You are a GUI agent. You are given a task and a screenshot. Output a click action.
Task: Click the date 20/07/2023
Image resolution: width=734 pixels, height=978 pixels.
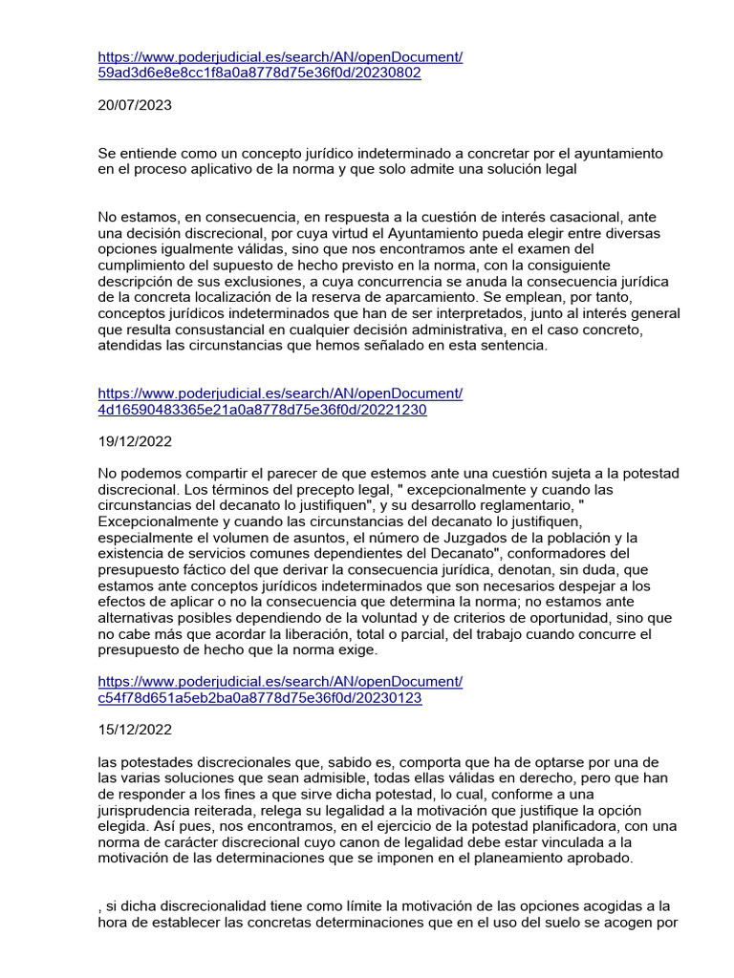[x=135, y=105]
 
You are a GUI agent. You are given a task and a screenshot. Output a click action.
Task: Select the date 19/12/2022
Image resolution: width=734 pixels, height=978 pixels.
[x=135, y=443]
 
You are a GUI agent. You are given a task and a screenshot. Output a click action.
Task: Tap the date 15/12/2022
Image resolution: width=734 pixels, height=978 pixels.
[x=135, y=732]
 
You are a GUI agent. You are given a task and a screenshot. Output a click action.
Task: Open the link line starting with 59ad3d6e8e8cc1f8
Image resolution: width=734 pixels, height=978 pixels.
[x=260, y=73]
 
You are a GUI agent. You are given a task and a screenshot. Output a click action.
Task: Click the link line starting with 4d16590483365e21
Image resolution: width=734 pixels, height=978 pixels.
[x=262, y=410]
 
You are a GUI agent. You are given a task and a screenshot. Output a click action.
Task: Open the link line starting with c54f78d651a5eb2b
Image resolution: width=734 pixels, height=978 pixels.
[x=260, y=698]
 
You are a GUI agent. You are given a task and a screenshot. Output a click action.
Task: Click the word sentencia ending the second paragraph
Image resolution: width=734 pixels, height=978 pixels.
[x=512, y=346]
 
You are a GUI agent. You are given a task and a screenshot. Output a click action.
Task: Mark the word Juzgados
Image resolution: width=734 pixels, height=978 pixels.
[x=468, y=539]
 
